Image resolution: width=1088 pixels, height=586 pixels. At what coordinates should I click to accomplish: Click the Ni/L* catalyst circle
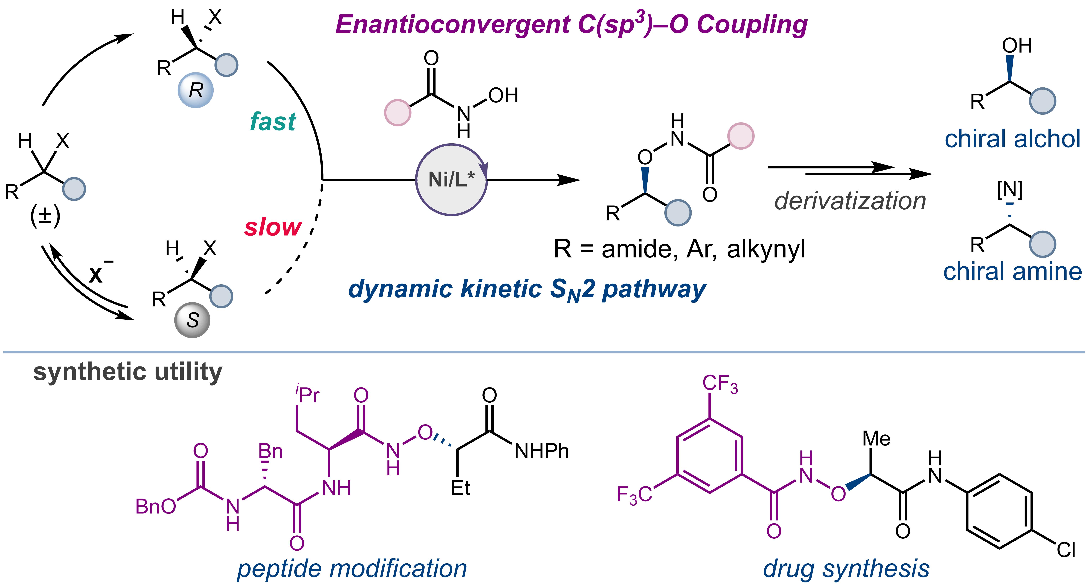click(x=451, y=180)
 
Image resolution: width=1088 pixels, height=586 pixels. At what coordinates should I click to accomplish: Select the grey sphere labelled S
click(x=192, y=320)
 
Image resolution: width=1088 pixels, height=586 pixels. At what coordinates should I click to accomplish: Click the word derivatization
click(x=850, y=201)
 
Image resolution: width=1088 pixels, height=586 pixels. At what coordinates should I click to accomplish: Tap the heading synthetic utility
click(x=128, y=372)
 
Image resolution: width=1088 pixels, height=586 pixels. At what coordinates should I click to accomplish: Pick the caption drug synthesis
click(x=846, y=569)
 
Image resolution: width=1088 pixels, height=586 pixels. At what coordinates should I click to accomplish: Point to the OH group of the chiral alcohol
click(x=1017, y=46)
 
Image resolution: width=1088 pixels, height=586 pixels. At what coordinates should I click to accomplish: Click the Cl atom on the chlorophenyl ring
click(x=1066, y=550)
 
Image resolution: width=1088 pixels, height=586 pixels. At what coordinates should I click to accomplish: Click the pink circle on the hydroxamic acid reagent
click(x=397, y=112)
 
